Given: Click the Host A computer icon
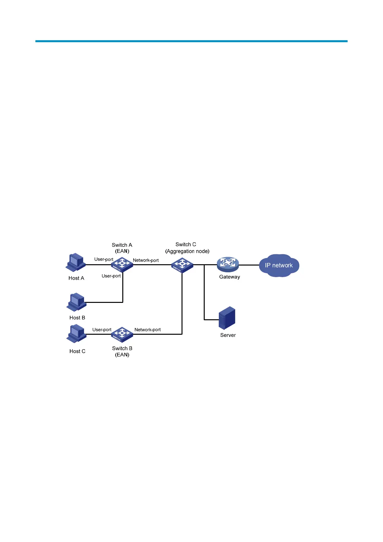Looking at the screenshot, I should coord(76,263).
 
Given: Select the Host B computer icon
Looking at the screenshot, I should coord(77,302).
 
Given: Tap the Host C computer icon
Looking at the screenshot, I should coord(77,334).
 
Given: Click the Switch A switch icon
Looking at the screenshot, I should coord(122,265).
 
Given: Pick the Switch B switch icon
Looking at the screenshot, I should coord(122,334).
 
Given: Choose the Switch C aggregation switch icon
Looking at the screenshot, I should coord(182,265).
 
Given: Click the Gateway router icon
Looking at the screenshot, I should coord(228,264).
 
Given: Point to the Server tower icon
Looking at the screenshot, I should coord(227,318).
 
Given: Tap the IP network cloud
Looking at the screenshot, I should coord(279,266).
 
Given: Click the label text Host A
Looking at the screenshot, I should coord(76,278).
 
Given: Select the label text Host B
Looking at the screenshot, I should coord(77,318).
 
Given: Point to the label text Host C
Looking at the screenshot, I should coord(77,351).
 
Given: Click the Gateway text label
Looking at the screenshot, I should coord(229,277).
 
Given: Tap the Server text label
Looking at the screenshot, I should coord(228,335).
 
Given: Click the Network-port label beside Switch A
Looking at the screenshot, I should coord(146,260).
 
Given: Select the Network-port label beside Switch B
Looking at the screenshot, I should coord(147,330).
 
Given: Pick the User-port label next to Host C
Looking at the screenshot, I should coord(102,330).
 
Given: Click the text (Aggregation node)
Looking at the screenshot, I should coord(187,251).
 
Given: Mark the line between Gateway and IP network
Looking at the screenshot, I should coord(249,265).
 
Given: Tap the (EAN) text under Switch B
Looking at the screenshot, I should coord(122,355).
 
